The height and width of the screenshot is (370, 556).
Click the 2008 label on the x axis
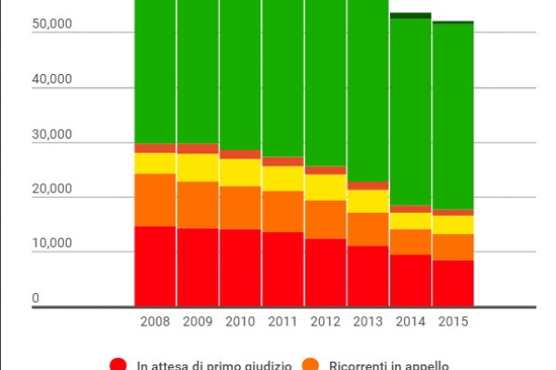pyautogui.click(x=156, y=322)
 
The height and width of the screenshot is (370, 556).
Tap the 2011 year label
pyautogui.click(x=284, y=322)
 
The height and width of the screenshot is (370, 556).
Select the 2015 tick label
pyautogui.click(x=453, y=322)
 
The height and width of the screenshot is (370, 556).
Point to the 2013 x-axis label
pyautogui.click(x=368, y=322)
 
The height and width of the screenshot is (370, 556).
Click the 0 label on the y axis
pyautogui.click(x=36, y=299)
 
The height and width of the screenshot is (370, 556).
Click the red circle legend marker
pyautogui.click(x=119, y=364)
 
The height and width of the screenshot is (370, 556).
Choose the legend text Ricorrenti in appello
pyautogui.click(x=388, y=364)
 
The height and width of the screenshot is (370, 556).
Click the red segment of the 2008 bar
pyautogui.click(x=156, y=265)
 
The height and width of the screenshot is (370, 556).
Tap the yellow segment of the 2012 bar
pyautogui.click(x=326, y=188)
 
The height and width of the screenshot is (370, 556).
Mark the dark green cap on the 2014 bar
pyautogui.click(x=411, y=16)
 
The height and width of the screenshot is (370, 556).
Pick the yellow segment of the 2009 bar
pyautogui.click(x=198, y=167)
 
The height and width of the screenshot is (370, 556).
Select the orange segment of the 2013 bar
pyautogui.click(x=368, y=229)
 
